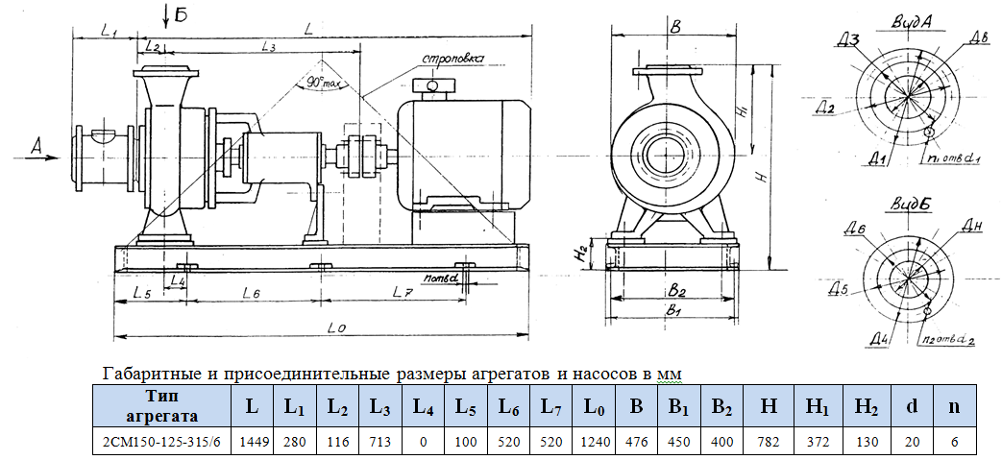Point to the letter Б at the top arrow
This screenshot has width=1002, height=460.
[181, 13]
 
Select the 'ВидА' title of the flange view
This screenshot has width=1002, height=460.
[906, 19]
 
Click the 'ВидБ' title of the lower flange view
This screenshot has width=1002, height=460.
[906, 205]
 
